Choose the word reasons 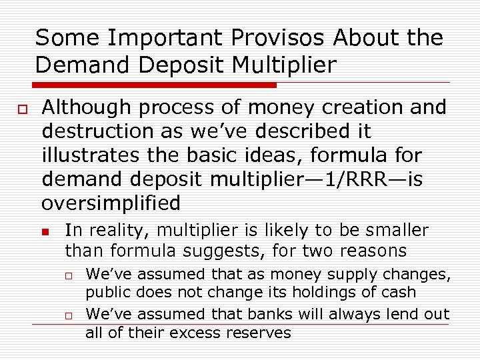pyautogui.click(x=373, y=251)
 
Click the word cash pyautogui.click(x=399, y=292)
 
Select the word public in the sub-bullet pyautogui.click(x=105, y=292)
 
